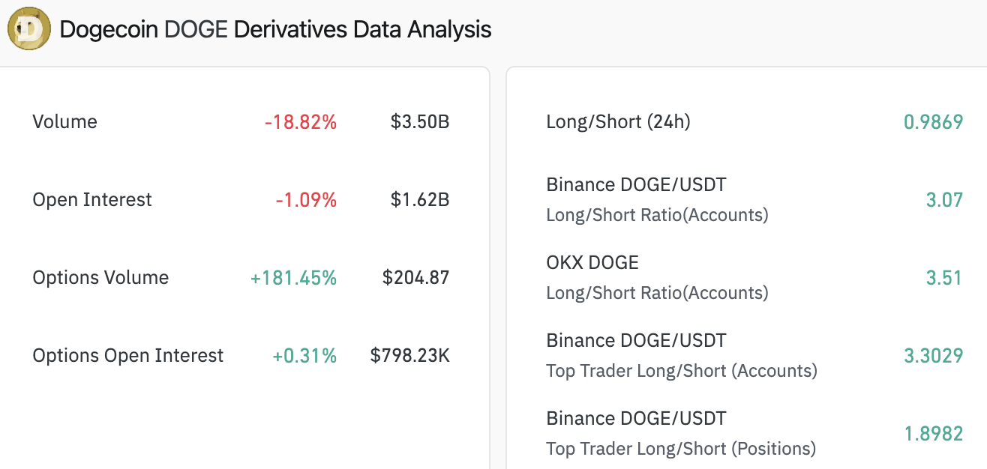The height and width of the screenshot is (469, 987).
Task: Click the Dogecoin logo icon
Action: click(29, 29)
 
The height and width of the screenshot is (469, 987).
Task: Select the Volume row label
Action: click(64, 122)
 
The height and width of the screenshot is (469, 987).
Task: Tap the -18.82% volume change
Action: click(300, 122)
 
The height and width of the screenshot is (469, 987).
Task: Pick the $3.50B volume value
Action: click(419, 122)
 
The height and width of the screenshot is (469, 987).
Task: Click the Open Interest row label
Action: click(92, 200)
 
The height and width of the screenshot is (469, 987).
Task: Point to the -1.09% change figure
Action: click(305, 200)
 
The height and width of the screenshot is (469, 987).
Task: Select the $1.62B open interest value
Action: click(419, 200)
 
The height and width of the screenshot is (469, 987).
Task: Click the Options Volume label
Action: click(100, 278)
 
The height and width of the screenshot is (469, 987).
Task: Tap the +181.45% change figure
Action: click(293, 278)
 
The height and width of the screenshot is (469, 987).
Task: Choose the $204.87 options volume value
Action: click(415, 278)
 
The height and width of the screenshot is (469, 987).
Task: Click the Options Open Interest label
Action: click(128, 356)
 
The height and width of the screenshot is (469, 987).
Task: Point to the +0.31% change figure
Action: click(304, 356)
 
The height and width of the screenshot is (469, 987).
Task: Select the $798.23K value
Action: click(409, 356)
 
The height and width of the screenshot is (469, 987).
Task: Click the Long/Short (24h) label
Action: click(618, 122)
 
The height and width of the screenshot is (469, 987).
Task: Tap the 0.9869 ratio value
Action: click(933, 122)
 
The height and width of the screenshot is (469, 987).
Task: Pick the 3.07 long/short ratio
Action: click(944, 200)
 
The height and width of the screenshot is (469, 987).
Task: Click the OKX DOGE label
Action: click(592, 263)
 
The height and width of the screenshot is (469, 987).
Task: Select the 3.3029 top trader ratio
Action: click(933, 356)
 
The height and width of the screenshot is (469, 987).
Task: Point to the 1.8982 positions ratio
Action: click(933, 434)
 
